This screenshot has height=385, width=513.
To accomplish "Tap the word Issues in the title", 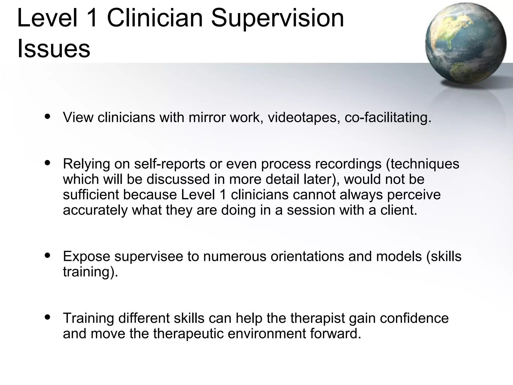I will tap(54, 49).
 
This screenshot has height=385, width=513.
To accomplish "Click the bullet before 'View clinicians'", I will tap(47, 117).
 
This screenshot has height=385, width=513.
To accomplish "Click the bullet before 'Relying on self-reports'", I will tap(47, 163).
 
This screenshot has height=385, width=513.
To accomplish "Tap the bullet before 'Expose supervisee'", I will tap(47, 256).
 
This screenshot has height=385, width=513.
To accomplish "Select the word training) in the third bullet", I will tap(90, 272).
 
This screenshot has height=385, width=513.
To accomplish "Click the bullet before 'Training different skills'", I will tap(47, 317).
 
